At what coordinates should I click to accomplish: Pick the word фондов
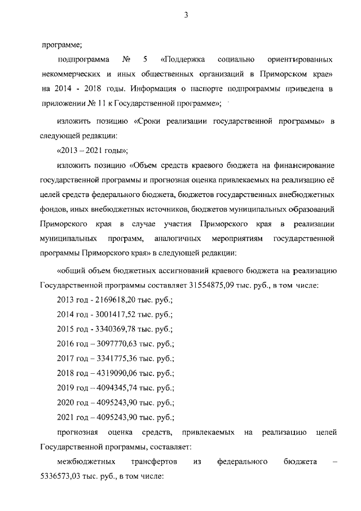pos(54,209)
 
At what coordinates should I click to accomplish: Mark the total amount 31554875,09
pos(212,285)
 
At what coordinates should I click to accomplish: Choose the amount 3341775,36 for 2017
pos(115,359)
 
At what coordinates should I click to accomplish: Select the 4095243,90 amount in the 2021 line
pos(115,417)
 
